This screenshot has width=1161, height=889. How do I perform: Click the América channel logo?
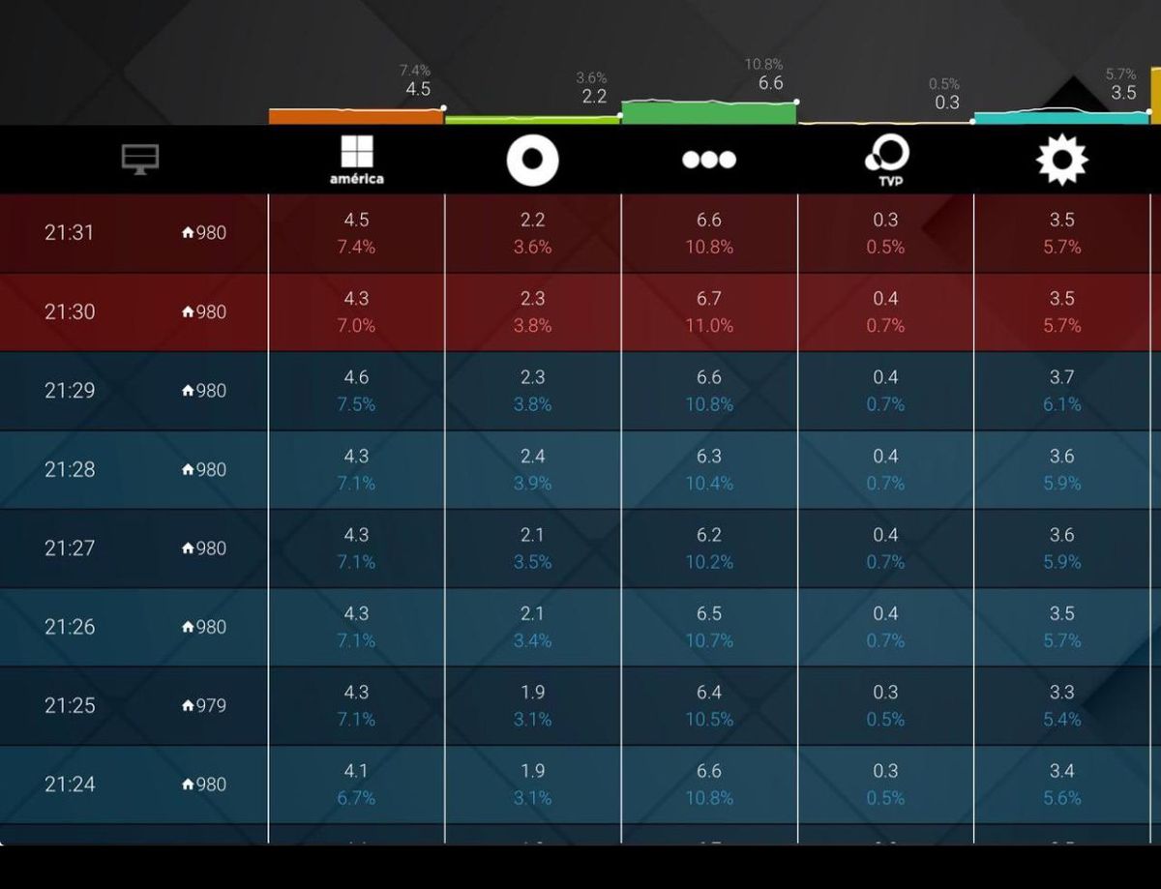[x=356, y=160]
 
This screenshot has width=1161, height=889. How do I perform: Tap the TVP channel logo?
[x=886, y=161]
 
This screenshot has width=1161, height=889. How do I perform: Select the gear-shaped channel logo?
[x=1061, y=160]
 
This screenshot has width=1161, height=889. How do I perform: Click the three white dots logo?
[x=708, y=160]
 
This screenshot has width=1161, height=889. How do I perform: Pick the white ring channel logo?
[x=532, y=160]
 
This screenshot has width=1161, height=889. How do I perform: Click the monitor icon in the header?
[x=140, y=159]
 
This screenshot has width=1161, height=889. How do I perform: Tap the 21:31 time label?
[x=70, y=233]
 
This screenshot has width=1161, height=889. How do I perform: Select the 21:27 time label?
[x=70, y=548]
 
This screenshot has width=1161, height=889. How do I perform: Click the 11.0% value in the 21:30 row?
[x=709, y=326]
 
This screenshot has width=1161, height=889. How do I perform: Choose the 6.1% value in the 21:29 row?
[x=1061, y=404]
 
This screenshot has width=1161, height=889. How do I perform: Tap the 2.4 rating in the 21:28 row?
[x=532, y=456]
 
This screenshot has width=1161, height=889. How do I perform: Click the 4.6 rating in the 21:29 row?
[x=356, y=377]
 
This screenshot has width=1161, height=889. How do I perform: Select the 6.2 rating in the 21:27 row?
[x=709, y=535]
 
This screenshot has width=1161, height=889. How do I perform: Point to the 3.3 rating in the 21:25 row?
[x=1061, y=693]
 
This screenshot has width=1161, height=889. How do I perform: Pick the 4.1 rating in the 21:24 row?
[x=356, y=771]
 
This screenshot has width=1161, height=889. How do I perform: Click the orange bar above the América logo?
[x=356, y=117]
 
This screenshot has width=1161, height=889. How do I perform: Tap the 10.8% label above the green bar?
[x=763, y=65]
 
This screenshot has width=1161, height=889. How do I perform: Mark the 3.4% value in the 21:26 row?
[x=532, y=640]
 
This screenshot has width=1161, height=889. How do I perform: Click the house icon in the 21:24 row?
[x=188, y=785]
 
